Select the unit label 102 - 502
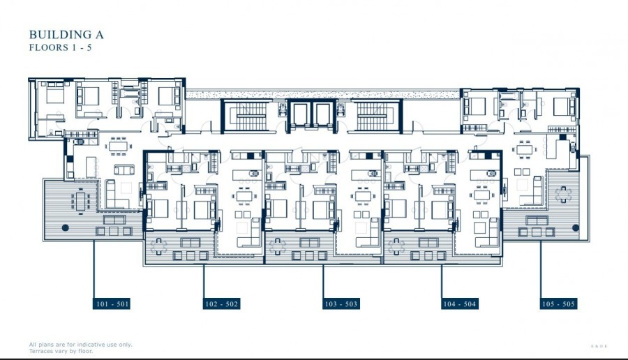pyautogui.click(x=222, y=304)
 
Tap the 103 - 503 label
pyautogui.click(x=341, y=304)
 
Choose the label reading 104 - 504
pyautogui.click(x=460, y=304)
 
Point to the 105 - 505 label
pyautogui.click(x=559, y=304)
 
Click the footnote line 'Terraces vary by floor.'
pyautogui.click(x=61, y=351)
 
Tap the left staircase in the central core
pyautogui.click(x=245, y=116)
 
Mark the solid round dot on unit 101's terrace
pyautogui.click(x=65, y=227)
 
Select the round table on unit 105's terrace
pyautogui.click(x=562, y=196)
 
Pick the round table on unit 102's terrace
pyautogui.click(x=160, y=244)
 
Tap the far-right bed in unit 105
pyautogui.click(x=562, y=106)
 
